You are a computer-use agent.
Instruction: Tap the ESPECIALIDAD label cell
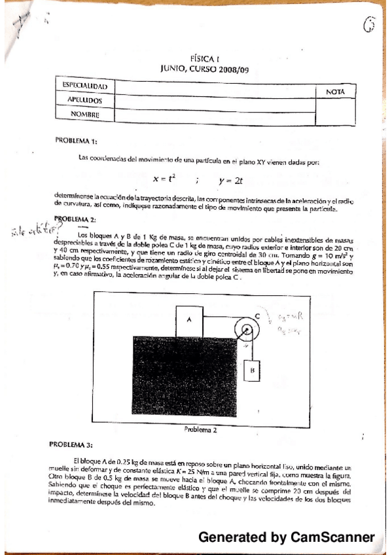click(x=84, y=86)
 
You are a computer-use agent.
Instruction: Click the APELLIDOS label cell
click(x=84, y=101)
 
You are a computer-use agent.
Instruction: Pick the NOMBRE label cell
click(x=84, y=115)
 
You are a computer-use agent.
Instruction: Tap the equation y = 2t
click(x=231, y=179)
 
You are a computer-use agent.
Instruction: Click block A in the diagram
click(x=188, y=319)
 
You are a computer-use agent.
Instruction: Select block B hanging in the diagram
click(x=251, y=370)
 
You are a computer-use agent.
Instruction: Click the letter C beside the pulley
click(x=257, y=315)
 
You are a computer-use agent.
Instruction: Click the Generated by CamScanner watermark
click(x=287, y=537)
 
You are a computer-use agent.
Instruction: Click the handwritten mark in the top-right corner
click(x=370, y=26)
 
